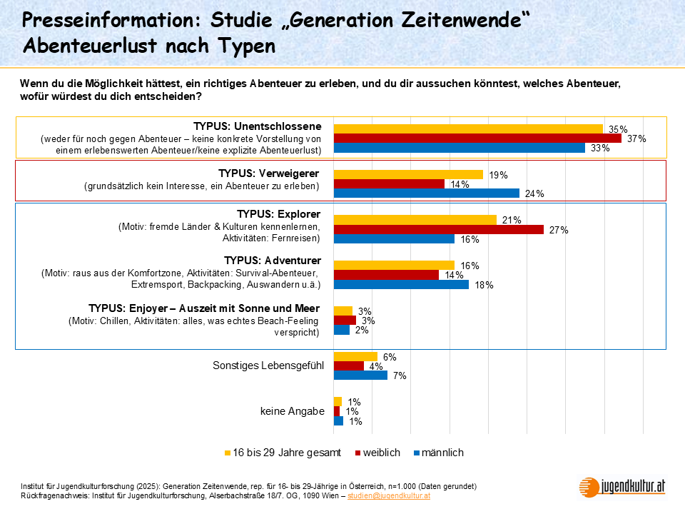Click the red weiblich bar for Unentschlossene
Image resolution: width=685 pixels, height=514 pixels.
click(x=477, y=138)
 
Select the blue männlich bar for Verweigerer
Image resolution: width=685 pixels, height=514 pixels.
click(x=426, y=193)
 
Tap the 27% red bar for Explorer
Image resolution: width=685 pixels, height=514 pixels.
click(x=438, y=229)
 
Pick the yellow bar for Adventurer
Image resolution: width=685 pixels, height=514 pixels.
click(x=394, y=265)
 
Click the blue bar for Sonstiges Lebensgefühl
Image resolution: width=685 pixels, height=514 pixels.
click(x=360, y=376)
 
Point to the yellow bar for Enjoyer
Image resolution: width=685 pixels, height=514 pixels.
click(x=343, y=311)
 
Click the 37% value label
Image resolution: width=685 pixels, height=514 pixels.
click(x=636, y=138)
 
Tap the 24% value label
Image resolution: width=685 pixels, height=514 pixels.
click(x=534, y=193)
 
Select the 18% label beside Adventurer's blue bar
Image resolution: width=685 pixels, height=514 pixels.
click(x=484, y=285)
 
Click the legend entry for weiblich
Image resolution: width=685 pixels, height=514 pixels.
click(x=381, y=453)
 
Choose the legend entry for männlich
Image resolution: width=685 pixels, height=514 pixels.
click(x=442, y=453)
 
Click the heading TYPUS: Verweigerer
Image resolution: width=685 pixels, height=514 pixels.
click(x=269, y=173)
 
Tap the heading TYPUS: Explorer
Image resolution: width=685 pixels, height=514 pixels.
click(x=278, y=214)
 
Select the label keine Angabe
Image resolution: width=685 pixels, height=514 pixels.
click(x=293, y=411)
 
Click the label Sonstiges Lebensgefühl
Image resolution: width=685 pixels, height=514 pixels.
click(x=268, y=366)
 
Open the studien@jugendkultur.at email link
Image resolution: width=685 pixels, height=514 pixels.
click(x=388, y=495)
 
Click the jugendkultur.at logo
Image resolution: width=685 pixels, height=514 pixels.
click(x=622, y=486)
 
